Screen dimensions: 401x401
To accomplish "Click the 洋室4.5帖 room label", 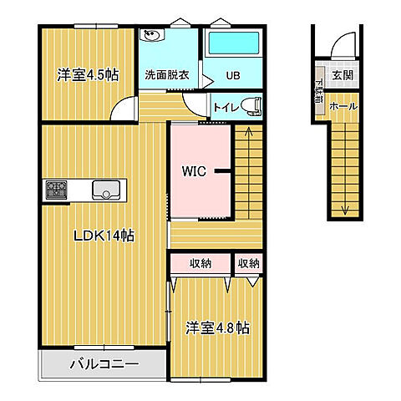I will pyautogui.click(x=88, y=74).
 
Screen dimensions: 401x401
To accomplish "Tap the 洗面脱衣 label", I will pyautogui.click(x=167, y=74).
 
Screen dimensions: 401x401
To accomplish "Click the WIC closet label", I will pyautogui.click(x=196, y=171).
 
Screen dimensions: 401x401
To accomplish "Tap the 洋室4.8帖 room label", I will pyautogui.click(x=216, y=328).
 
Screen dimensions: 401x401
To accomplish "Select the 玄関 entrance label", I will pyautogui.click(x=343, y=74).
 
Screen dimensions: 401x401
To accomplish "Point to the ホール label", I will pyautogui.click(x=343, y=107).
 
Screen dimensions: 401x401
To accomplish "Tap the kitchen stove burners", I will pyautogui.click(x=56, y=190).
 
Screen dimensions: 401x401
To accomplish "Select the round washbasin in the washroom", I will pyautogui.click(x=152, y=35).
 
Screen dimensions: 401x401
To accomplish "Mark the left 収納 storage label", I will pyautogui.click(x=200, y=264).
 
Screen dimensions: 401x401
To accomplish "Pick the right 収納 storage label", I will pyautogui.click(x=248, y=264).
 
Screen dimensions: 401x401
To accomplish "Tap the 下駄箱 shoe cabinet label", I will pyautogui.click(x=321, y=90).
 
